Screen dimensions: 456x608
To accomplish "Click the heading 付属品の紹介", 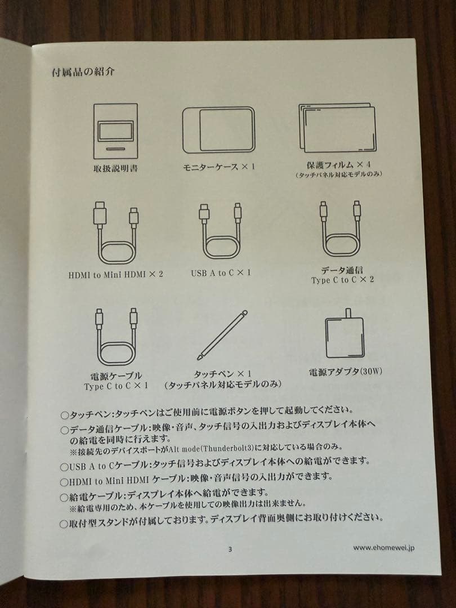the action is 83,71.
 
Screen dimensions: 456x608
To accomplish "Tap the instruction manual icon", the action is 115,131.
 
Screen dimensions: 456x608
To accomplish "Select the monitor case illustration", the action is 218,130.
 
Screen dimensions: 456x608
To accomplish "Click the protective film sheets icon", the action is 337,128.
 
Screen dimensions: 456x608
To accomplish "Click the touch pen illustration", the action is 222,335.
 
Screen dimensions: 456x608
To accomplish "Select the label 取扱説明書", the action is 115,168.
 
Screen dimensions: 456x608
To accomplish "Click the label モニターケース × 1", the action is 219,167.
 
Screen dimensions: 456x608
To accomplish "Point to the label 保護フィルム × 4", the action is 338,164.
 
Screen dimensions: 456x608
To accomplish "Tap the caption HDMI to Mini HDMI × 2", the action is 115,275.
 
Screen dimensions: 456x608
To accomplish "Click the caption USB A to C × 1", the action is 221,273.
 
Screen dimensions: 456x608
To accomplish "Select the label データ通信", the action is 342,270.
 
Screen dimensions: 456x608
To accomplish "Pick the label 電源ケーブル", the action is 116,375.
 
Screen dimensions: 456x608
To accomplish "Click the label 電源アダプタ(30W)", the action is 345,372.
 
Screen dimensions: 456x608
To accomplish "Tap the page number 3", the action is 230,549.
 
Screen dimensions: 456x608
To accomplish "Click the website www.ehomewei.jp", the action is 383,548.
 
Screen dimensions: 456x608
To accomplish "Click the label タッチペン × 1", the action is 222,374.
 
